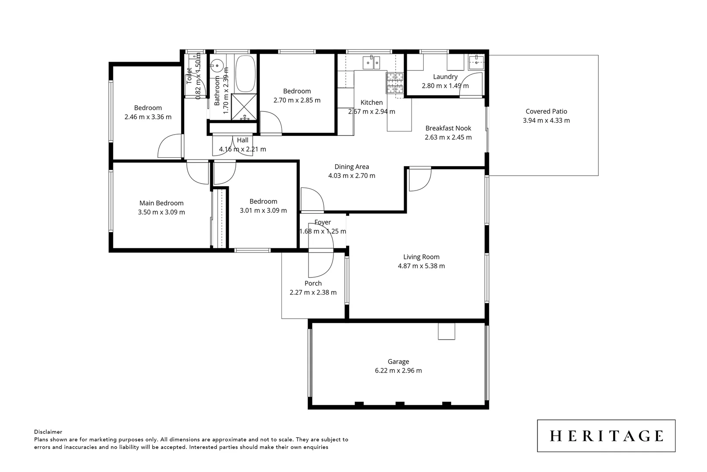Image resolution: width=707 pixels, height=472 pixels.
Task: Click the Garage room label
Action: tap(398, 361)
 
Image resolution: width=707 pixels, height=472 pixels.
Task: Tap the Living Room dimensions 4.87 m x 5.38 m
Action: tap(421, 266)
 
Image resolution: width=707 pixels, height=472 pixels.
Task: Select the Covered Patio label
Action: tap(546, 111)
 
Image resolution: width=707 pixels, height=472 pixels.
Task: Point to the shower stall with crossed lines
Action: tap(244, 106)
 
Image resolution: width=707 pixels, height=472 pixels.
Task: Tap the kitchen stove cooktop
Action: tap(395, 83)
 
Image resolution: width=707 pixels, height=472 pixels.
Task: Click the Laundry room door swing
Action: tap(472, 84)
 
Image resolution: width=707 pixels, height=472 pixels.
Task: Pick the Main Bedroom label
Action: tap(161, 203)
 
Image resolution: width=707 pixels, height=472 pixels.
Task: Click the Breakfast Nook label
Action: tap(448, 128)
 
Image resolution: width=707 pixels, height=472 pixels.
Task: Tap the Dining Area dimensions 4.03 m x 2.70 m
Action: tap(351, 176)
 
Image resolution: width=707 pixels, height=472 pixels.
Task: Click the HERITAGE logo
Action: tap(606, 436)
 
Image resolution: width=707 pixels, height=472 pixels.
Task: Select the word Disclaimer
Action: tap(48, 432)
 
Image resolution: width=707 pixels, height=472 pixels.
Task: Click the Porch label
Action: tap(313, 283)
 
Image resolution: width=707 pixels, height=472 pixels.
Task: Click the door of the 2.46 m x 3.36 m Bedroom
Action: tap(169, 146)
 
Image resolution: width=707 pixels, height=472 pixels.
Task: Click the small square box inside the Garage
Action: tap(446, 331)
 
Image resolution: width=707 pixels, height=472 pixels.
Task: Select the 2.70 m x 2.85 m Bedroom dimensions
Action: tap(297, 100)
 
